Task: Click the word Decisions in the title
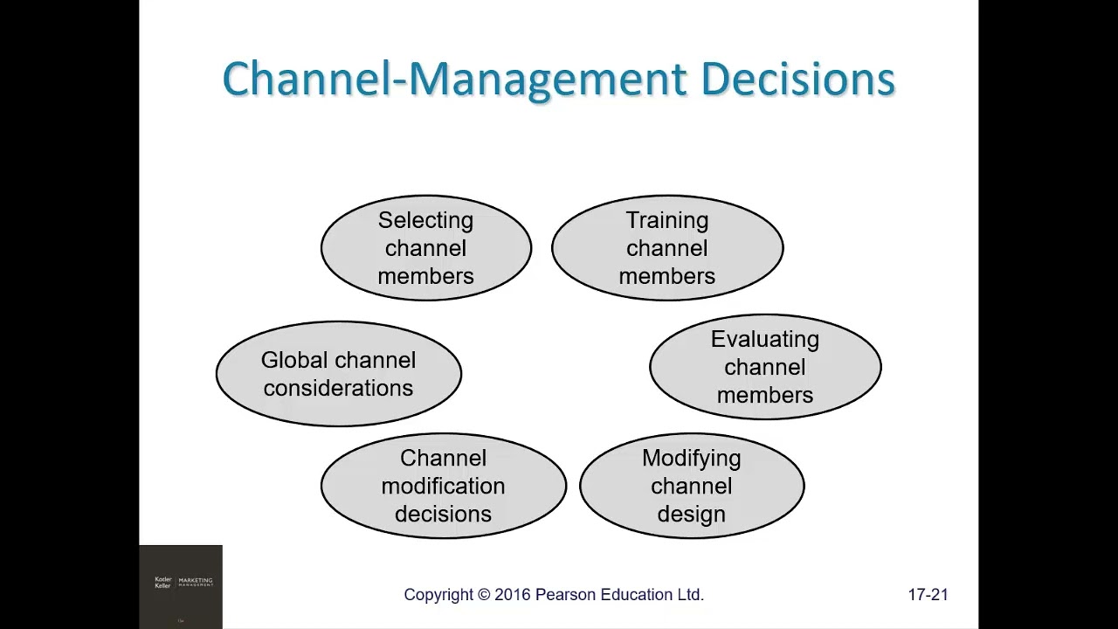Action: point(797,79)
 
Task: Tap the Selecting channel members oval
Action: point(425,248)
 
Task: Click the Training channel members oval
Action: point(666,248)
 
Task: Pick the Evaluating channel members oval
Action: point(765,367)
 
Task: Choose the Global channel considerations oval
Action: point(338,374)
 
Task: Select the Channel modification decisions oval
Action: point(443,486)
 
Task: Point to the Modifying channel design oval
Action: point(691,486)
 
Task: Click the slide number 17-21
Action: point(928,595)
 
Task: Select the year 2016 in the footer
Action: point(513,595)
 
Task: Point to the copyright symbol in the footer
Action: point(484,595)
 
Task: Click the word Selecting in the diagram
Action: point(425,220)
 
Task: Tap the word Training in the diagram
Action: point(666,220)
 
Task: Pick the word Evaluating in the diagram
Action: point(765,339)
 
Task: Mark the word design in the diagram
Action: point(691,514)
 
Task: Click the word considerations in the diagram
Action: point(338,388)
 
